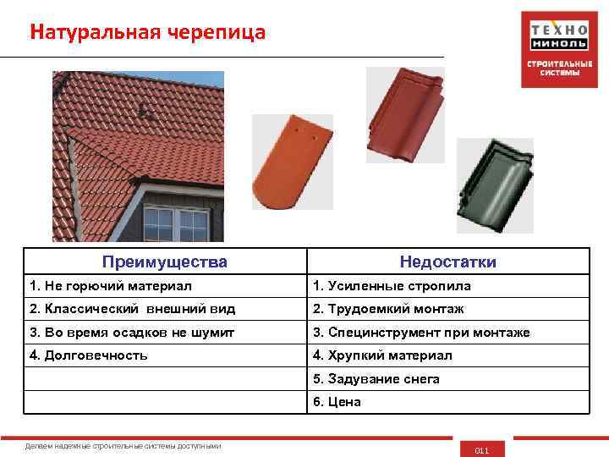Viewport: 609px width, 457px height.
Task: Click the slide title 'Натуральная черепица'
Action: point(147,32)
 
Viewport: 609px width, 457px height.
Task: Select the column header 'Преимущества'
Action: point(164,262)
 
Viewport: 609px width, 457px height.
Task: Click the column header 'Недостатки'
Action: point(447,262)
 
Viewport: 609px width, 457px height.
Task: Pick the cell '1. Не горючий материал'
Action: point(111,286)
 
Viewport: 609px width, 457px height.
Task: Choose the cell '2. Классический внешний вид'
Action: point(132,309)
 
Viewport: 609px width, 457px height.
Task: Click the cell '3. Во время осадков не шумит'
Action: point(132,333)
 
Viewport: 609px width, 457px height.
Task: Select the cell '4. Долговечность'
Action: point(89,355)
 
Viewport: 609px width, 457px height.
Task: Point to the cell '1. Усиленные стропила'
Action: point(392,286)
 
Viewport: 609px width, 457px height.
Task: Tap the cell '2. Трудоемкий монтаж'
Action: point(388,309)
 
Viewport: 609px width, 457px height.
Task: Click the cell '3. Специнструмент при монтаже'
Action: point(421,333)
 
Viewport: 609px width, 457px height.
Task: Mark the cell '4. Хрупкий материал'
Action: point(382,355)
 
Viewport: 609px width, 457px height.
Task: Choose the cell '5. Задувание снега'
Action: point(376,378)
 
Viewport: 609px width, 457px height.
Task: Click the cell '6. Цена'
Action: point(337,401)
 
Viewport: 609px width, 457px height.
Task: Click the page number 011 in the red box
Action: point(482,450)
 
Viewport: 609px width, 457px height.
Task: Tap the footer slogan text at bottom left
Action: point(123,445)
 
